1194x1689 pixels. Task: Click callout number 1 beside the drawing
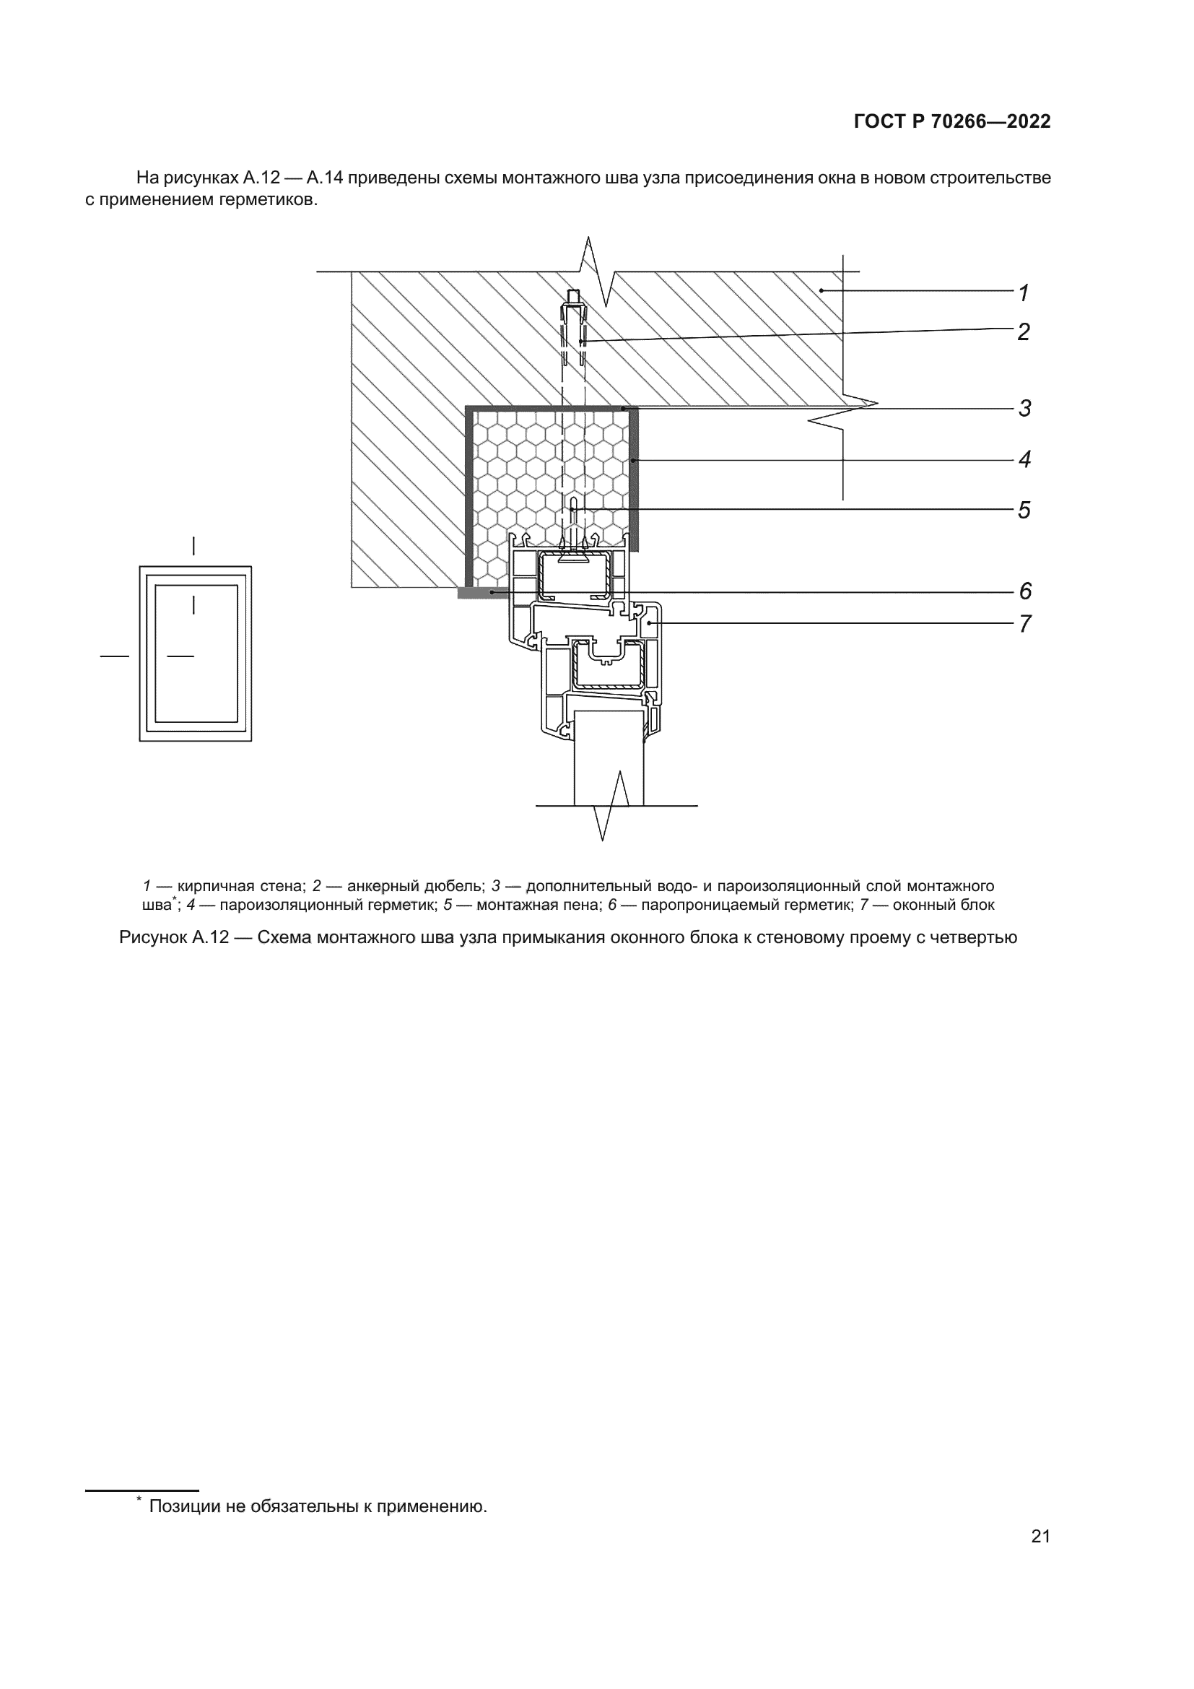tap(1024, 292)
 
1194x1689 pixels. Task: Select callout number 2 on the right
tap(1024, 331)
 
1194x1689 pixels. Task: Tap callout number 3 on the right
tap(1025, 408)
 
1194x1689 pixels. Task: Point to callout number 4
tap(1025, 460)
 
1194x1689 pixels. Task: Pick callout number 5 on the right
tap(1024, 510)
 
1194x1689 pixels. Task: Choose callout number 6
tap(1025, 591)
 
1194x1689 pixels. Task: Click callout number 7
tap(1025, 624)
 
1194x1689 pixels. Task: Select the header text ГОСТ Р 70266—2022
tap(952, 122)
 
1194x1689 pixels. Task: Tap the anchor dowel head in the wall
tap(573, 299)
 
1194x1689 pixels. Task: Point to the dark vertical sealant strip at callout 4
tap(634, 478)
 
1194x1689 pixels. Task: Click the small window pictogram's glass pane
tap(196, 654)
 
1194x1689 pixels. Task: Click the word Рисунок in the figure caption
tap(152, 938)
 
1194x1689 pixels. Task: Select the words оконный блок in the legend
tap(944, 905)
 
